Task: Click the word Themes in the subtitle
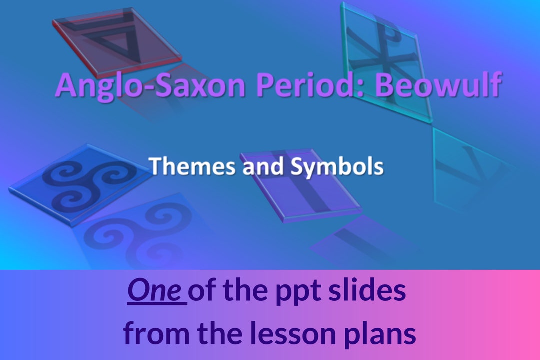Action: (x=192, y=166)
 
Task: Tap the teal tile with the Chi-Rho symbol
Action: (x=380, y=55)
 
